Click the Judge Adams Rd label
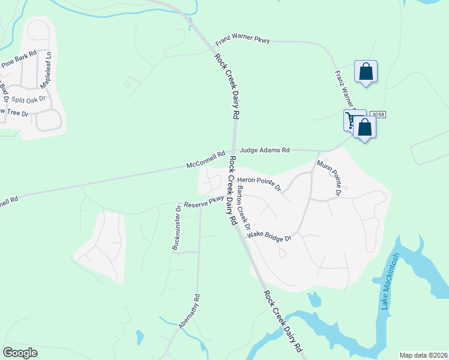click(265, 150)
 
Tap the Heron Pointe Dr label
click(259, 182)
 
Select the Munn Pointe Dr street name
click(330, 178)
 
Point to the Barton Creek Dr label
click(244, 207)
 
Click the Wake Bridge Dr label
click(269, 236)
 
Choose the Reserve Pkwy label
click(204, 202)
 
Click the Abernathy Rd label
click(188, 311)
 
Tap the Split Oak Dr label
click(28, 98)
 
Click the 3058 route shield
click(377, 115)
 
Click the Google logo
click(20, 353)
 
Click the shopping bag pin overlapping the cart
click(364, 127)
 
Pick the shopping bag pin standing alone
click(366, 72)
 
